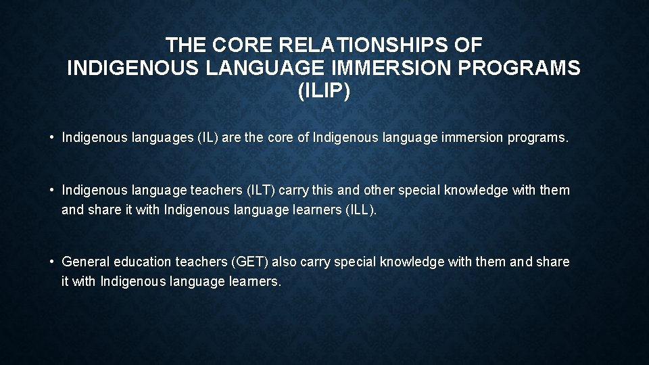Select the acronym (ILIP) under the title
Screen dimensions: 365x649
point(324,91)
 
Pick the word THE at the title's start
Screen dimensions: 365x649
point(187,45)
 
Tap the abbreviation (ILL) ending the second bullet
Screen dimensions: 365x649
point(361,210)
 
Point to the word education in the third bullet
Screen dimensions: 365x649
point(143,262)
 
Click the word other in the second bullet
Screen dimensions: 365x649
point(379,191)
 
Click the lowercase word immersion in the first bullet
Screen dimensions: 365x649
point(471,138)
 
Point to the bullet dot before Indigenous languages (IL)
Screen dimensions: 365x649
point(52,138)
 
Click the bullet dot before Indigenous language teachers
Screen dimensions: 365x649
point(52,191)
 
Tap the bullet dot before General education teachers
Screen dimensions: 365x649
point(52,262)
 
